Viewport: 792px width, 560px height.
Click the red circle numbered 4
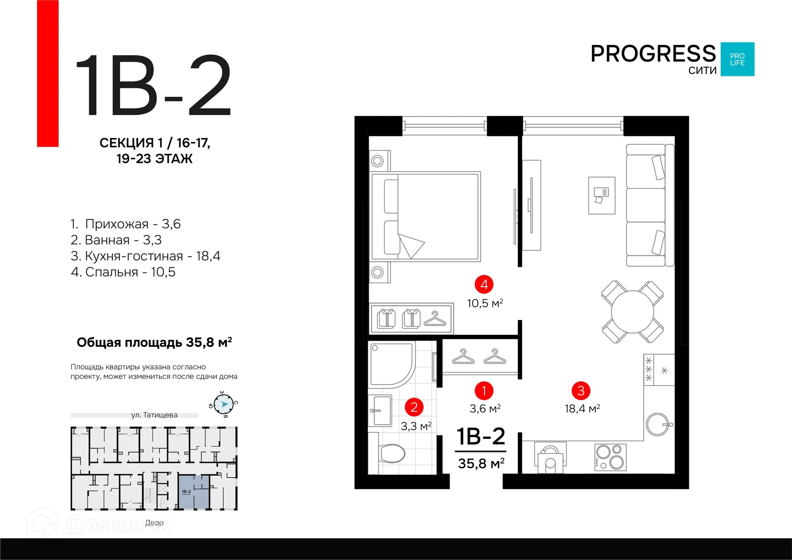[484, 284]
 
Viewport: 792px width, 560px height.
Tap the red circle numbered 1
[484, 391]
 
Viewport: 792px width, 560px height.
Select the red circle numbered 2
[414, 407]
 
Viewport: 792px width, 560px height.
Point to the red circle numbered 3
[581, 391]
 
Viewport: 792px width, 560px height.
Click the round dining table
[632, 311]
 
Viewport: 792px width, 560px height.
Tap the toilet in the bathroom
[391, 453]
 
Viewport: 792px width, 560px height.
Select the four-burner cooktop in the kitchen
[610, 457]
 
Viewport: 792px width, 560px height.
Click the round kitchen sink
[658, 424]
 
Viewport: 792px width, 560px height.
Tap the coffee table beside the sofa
[601, 195]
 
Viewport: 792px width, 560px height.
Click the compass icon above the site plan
[224, 404]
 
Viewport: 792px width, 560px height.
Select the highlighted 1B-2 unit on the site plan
[193, 492]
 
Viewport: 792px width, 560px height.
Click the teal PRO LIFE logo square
[738, 59]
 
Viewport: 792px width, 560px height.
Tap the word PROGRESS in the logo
[653, 54]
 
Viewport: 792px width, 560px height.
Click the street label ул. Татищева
[154, 415]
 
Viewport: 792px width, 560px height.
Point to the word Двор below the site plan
[154, 522]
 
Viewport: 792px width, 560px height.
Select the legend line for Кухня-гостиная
[145, 256]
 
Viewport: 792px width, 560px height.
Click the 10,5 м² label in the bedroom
[485, 303]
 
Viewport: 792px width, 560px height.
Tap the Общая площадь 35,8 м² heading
[154, 342]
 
